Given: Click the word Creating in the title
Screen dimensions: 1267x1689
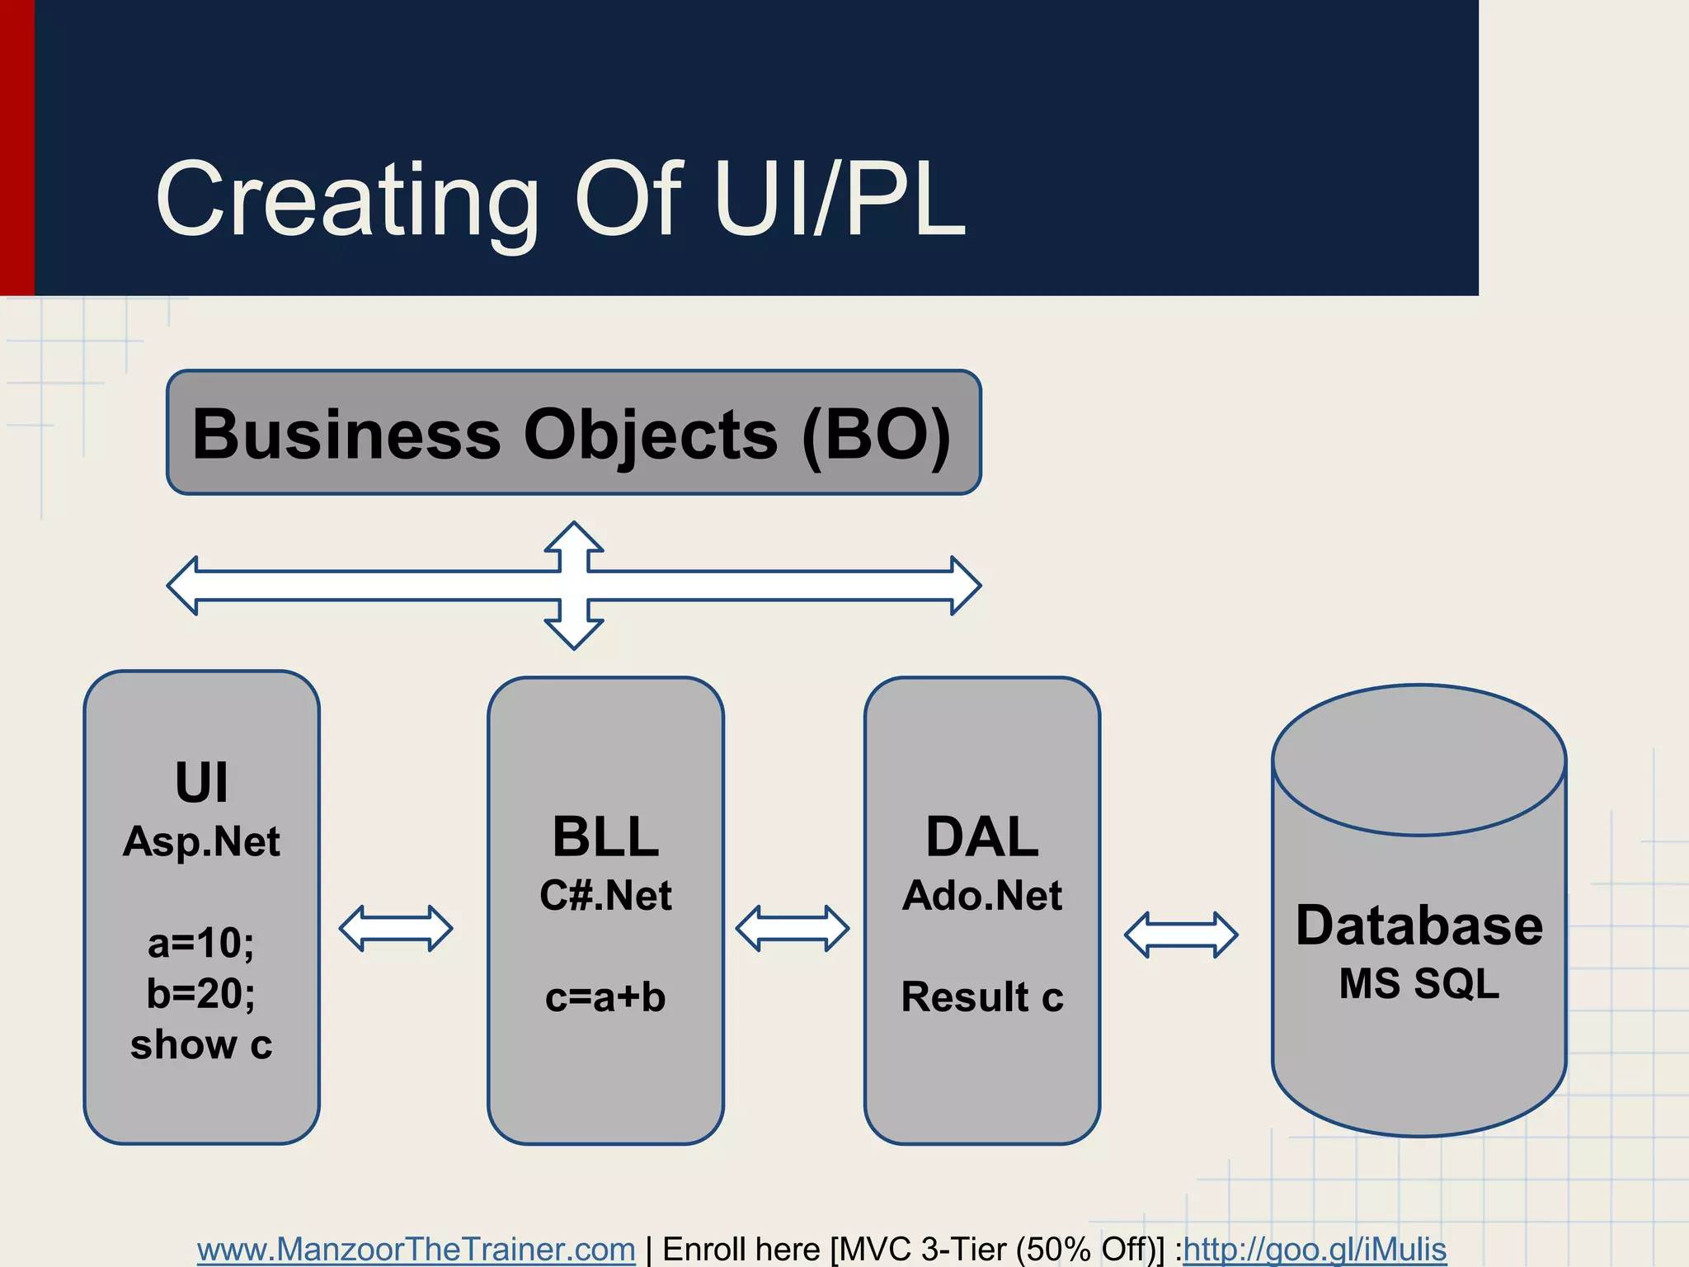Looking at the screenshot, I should (x=346, y=200).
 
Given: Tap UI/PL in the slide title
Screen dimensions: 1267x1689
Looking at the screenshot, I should (x=838, y=200).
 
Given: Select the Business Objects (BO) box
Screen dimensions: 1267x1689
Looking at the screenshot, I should (x=573, y=433).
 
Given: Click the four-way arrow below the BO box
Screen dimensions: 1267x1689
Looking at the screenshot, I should (x=574, y=586).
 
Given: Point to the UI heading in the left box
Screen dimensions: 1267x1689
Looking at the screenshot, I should (x=201, y=782).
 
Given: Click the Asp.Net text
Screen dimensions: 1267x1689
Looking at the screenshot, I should (x=201, y=842).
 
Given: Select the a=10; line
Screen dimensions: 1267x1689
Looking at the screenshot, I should (x=201, y=943).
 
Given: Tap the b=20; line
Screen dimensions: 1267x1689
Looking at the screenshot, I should (x=201, y=993).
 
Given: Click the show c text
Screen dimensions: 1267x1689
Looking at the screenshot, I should (x=201, y=1044).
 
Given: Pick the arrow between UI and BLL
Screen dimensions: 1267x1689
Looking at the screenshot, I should (x=396, y=929).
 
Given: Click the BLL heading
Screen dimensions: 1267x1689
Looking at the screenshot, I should (x=605, y=837).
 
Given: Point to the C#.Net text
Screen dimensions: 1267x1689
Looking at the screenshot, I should (x=605, y=896).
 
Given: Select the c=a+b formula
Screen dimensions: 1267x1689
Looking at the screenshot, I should (x=605, y=997).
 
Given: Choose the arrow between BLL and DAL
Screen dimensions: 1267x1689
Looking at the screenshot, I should (x=793, y=929).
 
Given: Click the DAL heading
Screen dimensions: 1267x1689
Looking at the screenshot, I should (x=981, y=837).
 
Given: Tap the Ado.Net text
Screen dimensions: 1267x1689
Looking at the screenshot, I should (x=981, y=896).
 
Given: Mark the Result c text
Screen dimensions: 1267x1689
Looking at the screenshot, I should (x=981, y=997).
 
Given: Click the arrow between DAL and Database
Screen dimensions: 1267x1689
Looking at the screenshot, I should (x=1181, y=935).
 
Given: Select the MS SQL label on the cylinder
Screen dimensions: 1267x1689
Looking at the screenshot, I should (x=1418, y=984).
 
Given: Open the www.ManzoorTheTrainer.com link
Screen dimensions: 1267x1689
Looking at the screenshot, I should (x=416, y=1249).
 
